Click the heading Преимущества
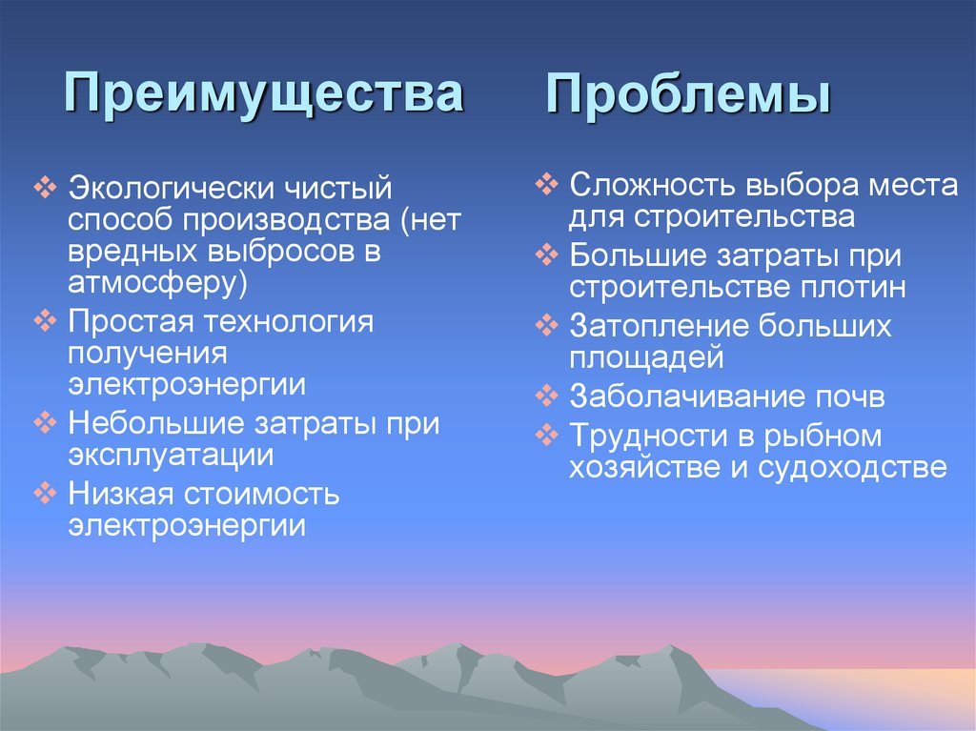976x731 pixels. (x=264, y=95)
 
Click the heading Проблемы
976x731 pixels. (x=687, y=97)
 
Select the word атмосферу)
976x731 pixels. (x=157, y=283)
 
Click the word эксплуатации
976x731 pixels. (x=171, y=455)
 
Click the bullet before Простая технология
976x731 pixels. (x=47, y=321)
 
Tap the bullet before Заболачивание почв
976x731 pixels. (x=546, y=395)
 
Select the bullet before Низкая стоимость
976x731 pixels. (x=47, y=494)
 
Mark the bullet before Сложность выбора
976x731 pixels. (x=546, y=184)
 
